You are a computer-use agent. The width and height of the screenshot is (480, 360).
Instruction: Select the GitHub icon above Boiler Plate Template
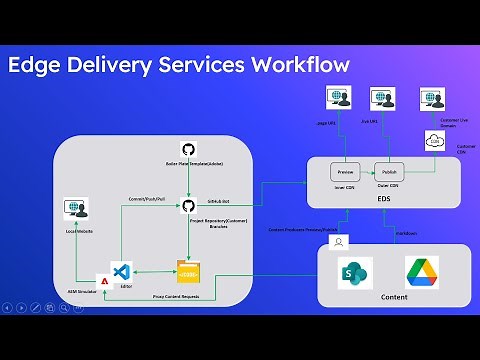(x=187, y=148)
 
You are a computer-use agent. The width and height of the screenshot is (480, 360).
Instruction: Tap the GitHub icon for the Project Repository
(x=187, y=205)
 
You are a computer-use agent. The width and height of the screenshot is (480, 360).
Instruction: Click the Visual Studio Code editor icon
(x=122, y=270)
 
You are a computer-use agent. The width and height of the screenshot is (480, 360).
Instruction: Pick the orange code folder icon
(x=188, y=270)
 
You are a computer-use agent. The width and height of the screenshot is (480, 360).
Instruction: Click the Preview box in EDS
(x=345, y=169)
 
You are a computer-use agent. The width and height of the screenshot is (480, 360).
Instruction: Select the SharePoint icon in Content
(x=356, y=271)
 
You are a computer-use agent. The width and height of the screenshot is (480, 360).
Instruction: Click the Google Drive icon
(x=421, y=272)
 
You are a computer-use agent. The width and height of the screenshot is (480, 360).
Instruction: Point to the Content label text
(x=393, y=297)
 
